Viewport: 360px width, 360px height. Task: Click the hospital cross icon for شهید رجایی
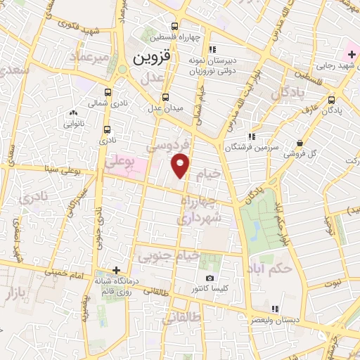(x=352, y=54)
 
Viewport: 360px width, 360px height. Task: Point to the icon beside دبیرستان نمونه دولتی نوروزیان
(x=212, y=49)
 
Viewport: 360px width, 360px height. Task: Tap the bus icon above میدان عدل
(x=165, y=97)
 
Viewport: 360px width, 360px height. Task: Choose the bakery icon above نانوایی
(x=73, y=112)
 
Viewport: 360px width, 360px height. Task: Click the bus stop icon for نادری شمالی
(x=107, y=91)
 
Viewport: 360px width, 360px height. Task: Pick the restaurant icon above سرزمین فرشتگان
(x=251, y=136)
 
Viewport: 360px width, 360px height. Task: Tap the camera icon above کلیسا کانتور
(x=209, y=278)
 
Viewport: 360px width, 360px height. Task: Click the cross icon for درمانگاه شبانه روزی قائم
(x=116, y=270)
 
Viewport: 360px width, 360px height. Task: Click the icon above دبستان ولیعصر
(x=275, y=308)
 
